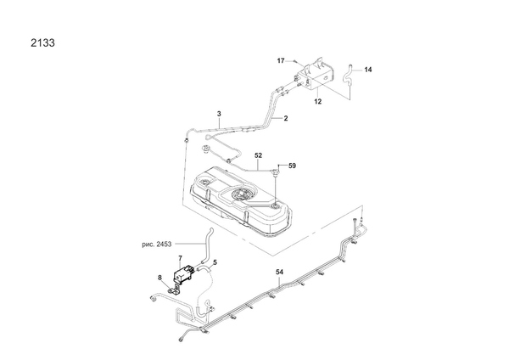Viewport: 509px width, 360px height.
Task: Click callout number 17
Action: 281,61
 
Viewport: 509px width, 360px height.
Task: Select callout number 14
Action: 368,70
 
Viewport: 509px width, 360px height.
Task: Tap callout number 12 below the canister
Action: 318,101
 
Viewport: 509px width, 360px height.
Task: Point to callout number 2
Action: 286,119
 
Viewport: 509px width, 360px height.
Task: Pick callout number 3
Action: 219,114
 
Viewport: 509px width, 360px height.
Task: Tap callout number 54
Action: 280,272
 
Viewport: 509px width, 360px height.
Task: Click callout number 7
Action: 179,256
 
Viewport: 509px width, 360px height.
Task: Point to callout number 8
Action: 159,278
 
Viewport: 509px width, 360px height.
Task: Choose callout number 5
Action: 215,262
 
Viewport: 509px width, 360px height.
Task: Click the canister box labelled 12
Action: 315,75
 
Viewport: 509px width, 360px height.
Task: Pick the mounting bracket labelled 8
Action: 173,292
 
